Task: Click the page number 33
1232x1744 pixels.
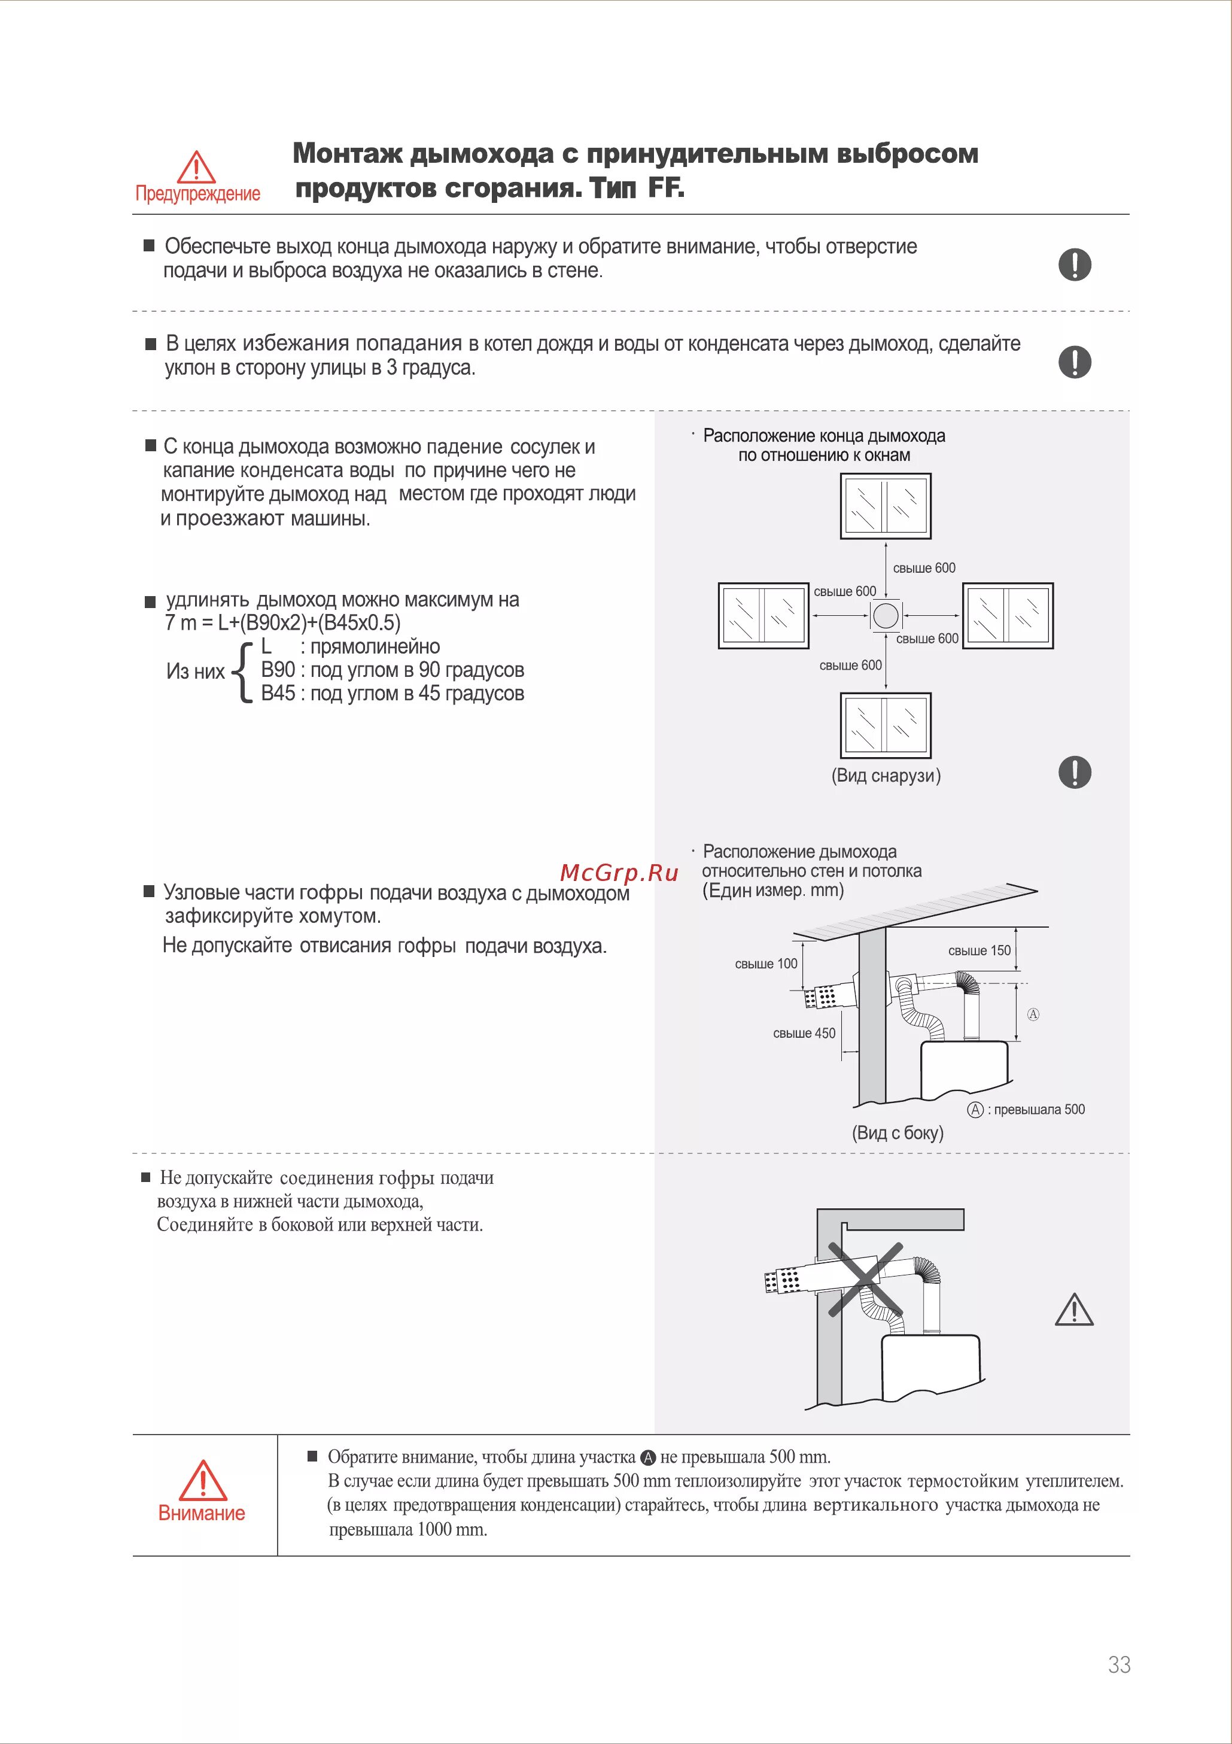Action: pos(1119,1664)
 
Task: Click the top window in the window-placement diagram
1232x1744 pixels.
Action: pos(886,506)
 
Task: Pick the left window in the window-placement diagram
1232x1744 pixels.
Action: pos(763,615)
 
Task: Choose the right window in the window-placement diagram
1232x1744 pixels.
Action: pos(1008,615)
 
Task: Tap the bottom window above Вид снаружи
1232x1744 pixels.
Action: pos(886,725)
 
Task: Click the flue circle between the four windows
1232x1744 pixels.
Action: pos(886,615)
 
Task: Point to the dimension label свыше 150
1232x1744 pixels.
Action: pos(979,950)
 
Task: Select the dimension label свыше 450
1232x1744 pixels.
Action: pos(804,1033)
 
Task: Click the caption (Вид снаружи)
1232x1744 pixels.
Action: pos(886,776)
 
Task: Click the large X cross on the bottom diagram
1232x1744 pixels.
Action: pos(865,1278)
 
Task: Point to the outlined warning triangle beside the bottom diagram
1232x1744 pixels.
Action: pos(1074,1309)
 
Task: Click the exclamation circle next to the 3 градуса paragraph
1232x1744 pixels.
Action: pos(1074,361)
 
